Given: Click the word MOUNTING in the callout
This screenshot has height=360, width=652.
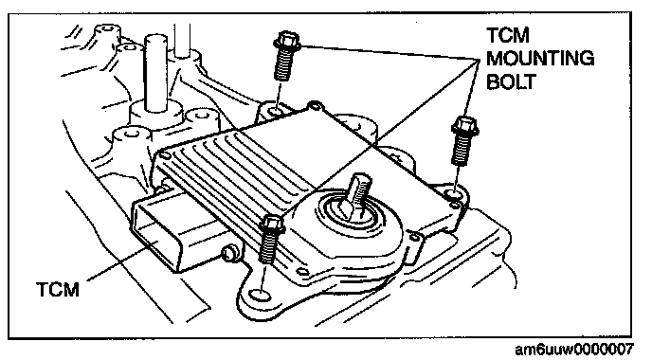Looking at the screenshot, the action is click(x=540, y=58).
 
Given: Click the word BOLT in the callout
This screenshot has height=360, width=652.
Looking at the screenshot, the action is click(x=511, y=81).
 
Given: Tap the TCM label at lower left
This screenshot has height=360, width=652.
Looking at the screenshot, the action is click(x=58, y=289).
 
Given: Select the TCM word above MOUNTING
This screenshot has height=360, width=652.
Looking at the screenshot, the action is click(x=508, y=35).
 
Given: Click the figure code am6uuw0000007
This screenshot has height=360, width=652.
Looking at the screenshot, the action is click(x=574, y=350).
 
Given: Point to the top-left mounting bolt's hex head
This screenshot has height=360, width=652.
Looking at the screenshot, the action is click(x=287, y=40).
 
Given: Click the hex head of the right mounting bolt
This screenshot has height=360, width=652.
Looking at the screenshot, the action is click(x=465, y=126).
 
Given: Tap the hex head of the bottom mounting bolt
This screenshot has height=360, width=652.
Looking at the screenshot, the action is click(x=272, y=225).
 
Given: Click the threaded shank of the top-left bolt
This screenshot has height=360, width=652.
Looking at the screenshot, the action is click(x=283, y=63).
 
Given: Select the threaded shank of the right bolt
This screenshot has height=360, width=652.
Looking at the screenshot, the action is click(x=462, y=150).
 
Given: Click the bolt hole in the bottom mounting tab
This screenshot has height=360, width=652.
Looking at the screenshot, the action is click(x=260, y=296).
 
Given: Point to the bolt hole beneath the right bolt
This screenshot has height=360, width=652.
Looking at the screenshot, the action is click(x=453, y=194).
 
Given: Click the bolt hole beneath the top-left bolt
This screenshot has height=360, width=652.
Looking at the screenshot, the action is click(x=275, y=112).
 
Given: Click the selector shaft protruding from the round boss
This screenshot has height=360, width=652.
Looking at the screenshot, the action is click(x=356, y=195).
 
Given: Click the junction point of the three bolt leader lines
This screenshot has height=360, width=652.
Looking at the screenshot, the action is click(x=479, y=60).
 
